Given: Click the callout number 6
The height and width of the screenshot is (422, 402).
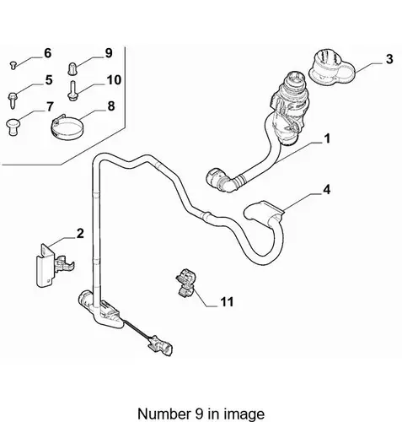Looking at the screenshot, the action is tap(48, 53).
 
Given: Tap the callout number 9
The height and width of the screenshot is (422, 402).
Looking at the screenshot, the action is tap(109, 53).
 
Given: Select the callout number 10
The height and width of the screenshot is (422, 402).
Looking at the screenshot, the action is tap(114, 80).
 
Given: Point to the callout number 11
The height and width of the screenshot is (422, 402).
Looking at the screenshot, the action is tap(227, 302).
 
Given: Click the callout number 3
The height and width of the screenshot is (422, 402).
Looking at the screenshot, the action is tap(389, 59).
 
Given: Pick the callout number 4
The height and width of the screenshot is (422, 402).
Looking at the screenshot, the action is tap(326, 190).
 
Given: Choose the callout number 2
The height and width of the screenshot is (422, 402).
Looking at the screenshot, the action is tap(80, 233).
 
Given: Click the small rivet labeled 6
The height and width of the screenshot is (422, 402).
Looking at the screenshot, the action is tap(13, 65).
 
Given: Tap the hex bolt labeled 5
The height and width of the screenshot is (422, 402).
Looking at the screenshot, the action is tap(13, 100).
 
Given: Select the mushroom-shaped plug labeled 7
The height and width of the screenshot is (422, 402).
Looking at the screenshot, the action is tap(13, 127).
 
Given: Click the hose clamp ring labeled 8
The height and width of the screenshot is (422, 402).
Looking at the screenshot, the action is tap(67, 128).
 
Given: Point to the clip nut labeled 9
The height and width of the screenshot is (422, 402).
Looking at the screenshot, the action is tap(72, 69).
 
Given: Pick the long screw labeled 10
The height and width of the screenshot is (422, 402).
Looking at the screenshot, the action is tap(72, 90).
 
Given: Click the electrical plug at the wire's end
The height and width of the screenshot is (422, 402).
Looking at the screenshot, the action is tap(160, 346).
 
